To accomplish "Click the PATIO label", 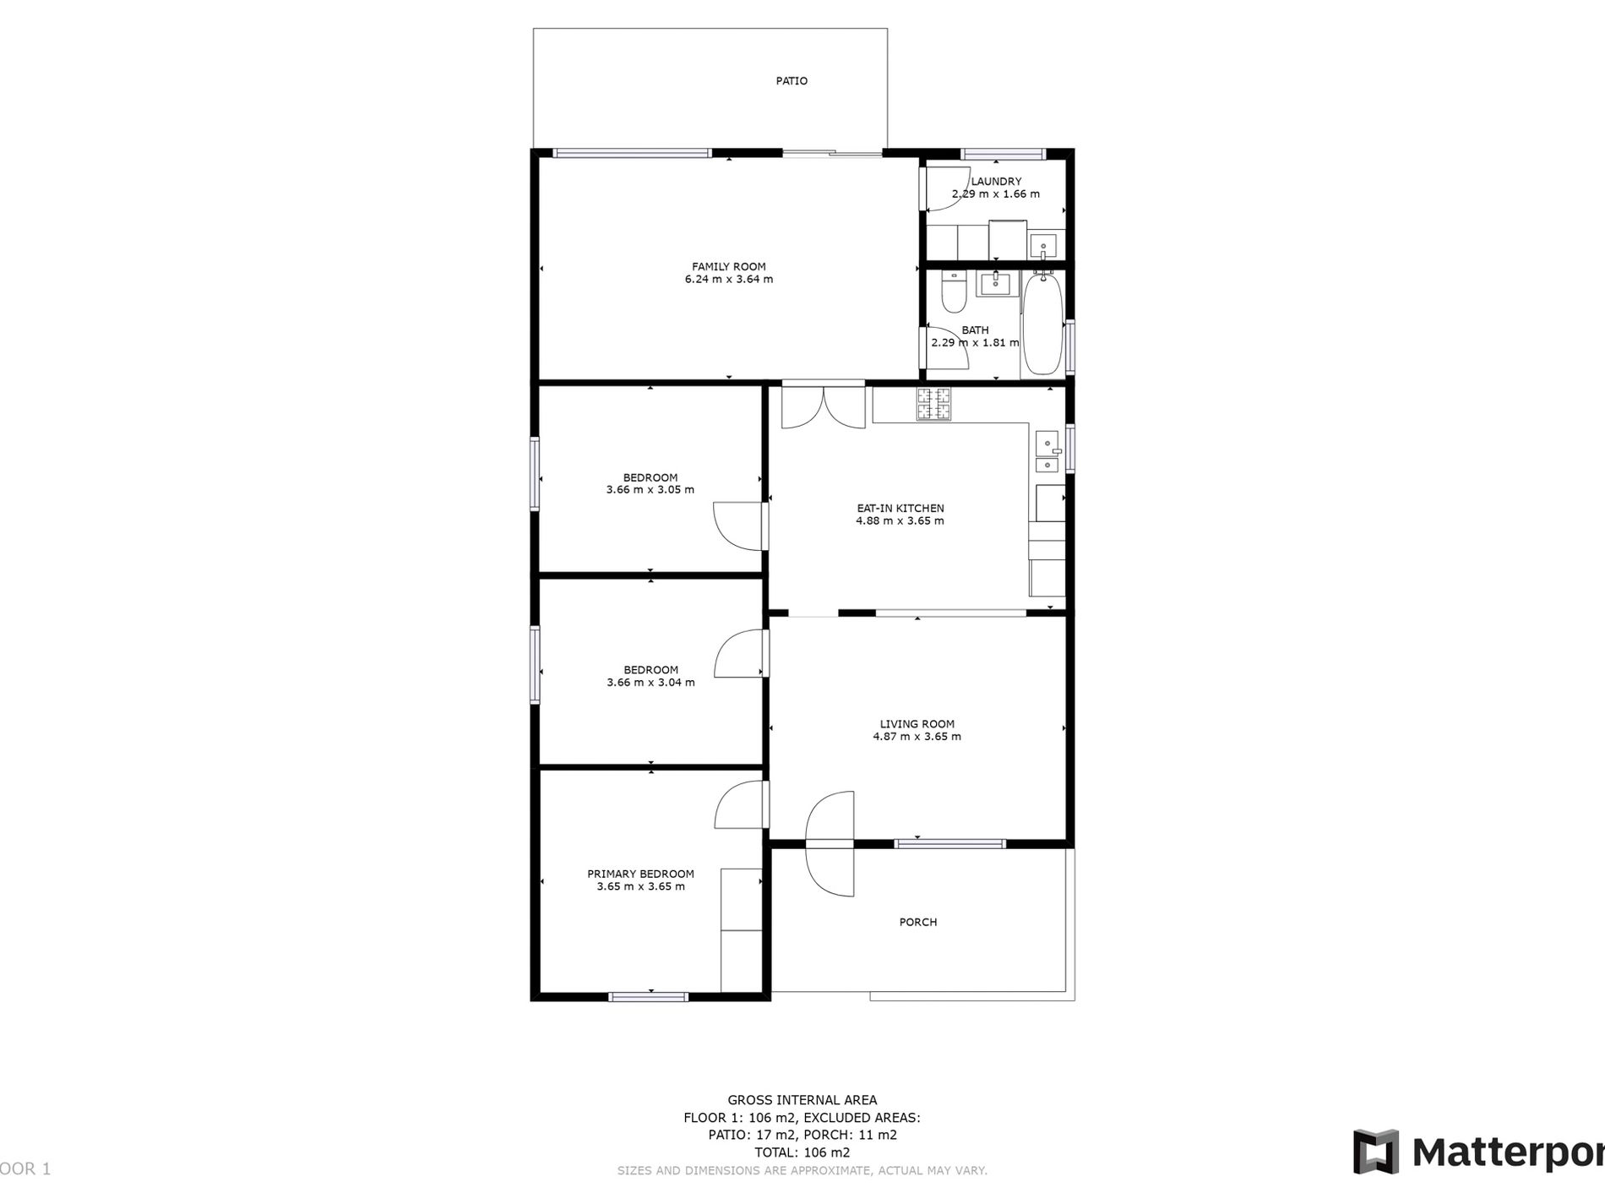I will (x=792, y=81).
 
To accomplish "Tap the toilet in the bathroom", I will (x=953, y=292).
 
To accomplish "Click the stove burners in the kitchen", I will (x=933, y=404).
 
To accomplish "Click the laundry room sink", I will (x=1043, y=248).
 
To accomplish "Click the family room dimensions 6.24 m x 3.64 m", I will (x=728, y=280).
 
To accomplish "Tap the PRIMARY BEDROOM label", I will (x=640, y=874).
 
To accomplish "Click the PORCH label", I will (x=917, y=922).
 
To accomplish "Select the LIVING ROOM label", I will (x=917, y=724).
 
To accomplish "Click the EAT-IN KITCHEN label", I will (x=900, y=509).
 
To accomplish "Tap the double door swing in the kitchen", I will (x=823, y=407).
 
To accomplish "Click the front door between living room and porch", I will (x=830, y=843).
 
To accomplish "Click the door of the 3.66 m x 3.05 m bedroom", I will (x=739, y=526).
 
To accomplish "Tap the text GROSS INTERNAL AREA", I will (x=802, y=1100).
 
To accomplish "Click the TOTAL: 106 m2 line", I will (x=802, y=1152).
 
